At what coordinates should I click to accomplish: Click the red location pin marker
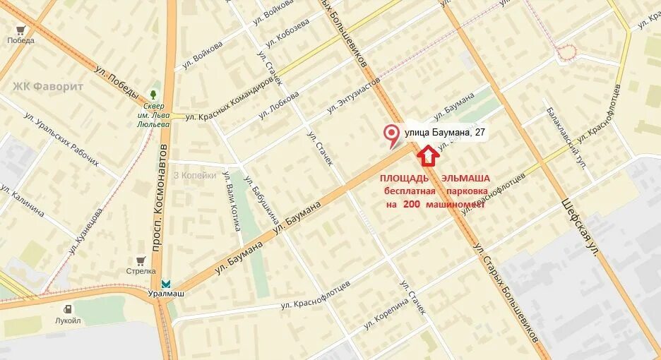tap(390, 135)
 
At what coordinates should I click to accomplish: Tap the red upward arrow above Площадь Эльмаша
tap(428, 155)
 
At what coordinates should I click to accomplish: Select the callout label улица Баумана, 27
tap(445, 132)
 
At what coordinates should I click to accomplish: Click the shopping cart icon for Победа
tap(20, 30)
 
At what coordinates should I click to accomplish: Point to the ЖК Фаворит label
tap(48, 86)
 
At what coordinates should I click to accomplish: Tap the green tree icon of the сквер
tap(153, 94)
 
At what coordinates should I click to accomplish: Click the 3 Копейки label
tap(195, 176)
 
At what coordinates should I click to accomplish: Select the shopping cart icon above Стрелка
tap(141, 260)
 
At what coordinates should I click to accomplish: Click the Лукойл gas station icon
tap(68, 308)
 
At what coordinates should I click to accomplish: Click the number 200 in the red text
tap(412, 204)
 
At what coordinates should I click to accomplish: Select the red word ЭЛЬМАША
tap(465, 179)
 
